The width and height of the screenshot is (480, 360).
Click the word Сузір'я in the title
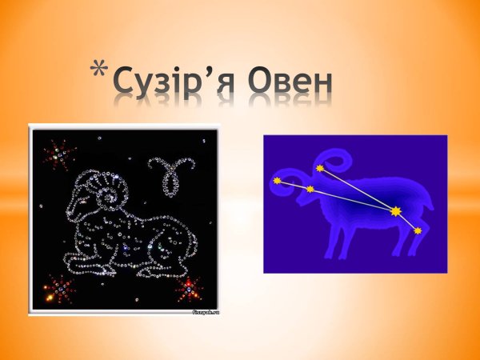click(176, 82)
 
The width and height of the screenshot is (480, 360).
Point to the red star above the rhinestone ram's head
click(56, 154)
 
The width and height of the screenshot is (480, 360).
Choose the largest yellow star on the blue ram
click(395, 211)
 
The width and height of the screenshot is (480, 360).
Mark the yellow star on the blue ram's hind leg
click(418, 230)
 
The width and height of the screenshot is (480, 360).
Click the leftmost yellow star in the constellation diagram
click(277, 181)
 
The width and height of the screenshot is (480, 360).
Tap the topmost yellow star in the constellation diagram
click(319, 168)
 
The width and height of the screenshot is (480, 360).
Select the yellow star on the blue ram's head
click(310, 189)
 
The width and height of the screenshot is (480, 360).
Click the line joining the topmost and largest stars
click(357, 190)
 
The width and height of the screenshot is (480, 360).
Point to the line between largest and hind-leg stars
click(406, 221)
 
